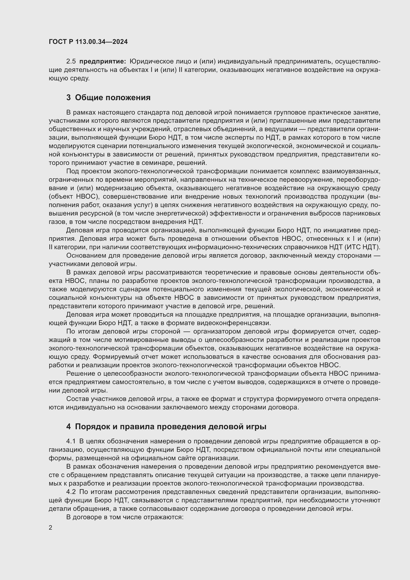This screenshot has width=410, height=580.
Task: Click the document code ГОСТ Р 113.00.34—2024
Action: [88, 42]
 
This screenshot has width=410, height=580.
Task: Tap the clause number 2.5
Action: [71, 61]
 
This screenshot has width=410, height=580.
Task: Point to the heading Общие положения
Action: [113, 97]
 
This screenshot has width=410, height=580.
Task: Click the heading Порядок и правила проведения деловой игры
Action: [171, 427]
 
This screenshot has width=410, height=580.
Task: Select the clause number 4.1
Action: [71, 441]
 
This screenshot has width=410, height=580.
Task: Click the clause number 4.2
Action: [71, 491]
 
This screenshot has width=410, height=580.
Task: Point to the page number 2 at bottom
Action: [51, 527]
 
